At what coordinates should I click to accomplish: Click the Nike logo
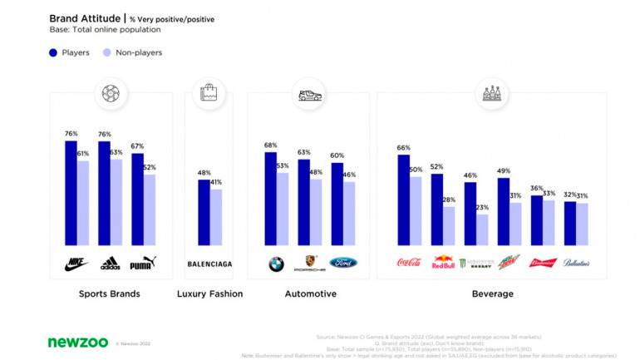pos(76,264)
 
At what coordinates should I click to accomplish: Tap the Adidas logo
pos(110,264)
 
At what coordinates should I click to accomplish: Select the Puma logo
pos(143,264)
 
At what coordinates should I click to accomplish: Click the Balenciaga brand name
pos(209,264)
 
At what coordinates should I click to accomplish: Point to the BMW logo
pos(276,264)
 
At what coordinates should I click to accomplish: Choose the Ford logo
pos(342,264)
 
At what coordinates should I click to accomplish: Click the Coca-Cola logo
pos(408,264)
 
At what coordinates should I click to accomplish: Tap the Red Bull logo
pos(442,264)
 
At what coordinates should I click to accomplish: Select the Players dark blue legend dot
pos(54,52)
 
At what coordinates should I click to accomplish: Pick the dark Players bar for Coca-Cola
pos(403,200)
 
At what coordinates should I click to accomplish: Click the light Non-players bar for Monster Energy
pos(481,229)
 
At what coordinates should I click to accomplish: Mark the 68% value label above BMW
pos(270,145)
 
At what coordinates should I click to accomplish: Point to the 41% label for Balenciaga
pos(216,181)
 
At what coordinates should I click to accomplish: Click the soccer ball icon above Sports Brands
pos(110,94)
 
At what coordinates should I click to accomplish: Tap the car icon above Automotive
pos(309,95)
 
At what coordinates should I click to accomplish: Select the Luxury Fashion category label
pos(209,293)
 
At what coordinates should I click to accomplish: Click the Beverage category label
pos(492,293)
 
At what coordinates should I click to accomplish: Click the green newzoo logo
pos(77,342)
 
